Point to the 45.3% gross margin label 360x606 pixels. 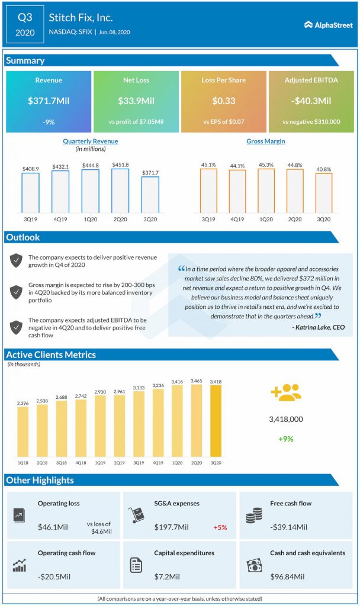point(266,165)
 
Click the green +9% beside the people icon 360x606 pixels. point(286,439)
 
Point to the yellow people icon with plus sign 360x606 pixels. point(286,393)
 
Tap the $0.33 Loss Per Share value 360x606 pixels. point(224,101)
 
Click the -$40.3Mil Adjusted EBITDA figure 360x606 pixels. point(311,101)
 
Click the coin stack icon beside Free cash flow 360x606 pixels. point(253,514)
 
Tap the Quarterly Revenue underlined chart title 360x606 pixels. point(91,141)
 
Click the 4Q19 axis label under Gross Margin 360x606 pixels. point(237,220)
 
